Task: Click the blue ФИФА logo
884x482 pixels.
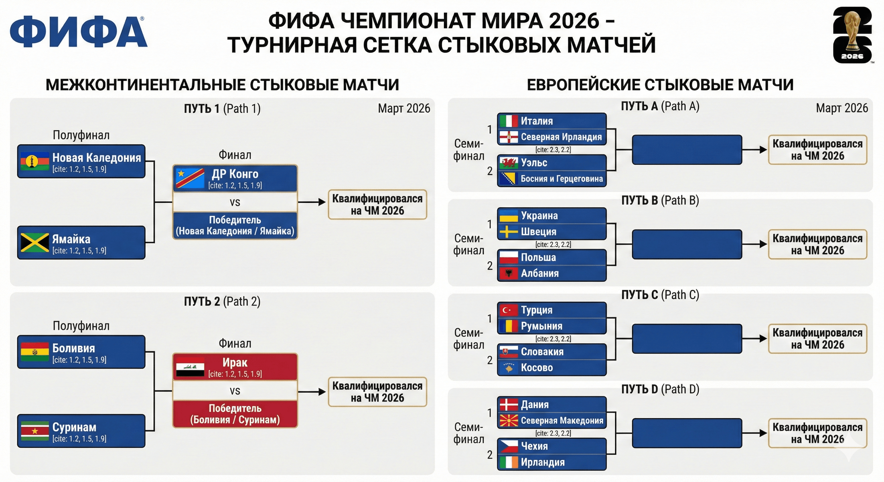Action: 78,32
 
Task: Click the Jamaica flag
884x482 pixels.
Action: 35,243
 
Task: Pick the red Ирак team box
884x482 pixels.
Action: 235,367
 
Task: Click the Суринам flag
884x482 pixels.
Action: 35,431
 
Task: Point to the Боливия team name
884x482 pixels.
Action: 73,348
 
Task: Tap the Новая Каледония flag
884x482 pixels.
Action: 35,161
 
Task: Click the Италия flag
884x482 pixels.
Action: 509,121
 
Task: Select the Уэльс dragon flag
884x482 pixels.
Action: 509,163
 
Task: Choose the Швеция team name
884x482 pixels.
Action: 538,232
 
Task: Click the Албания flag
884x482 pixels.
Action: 509,273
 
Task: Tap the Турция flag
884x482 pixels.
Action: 509,310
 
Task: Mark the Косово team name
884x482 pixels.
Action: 537,368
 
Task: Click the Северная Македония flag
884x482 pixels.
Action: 509,420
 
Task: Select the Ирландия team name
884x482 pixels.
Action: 542,463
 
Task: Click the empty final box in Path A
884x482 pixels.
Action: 687,150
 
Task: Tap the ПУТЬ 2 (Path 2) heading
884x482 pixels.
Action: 222,302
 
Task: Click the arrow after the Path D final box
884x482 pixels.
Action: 755,433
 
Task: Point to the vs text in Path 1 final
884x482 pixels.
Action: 235,202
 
